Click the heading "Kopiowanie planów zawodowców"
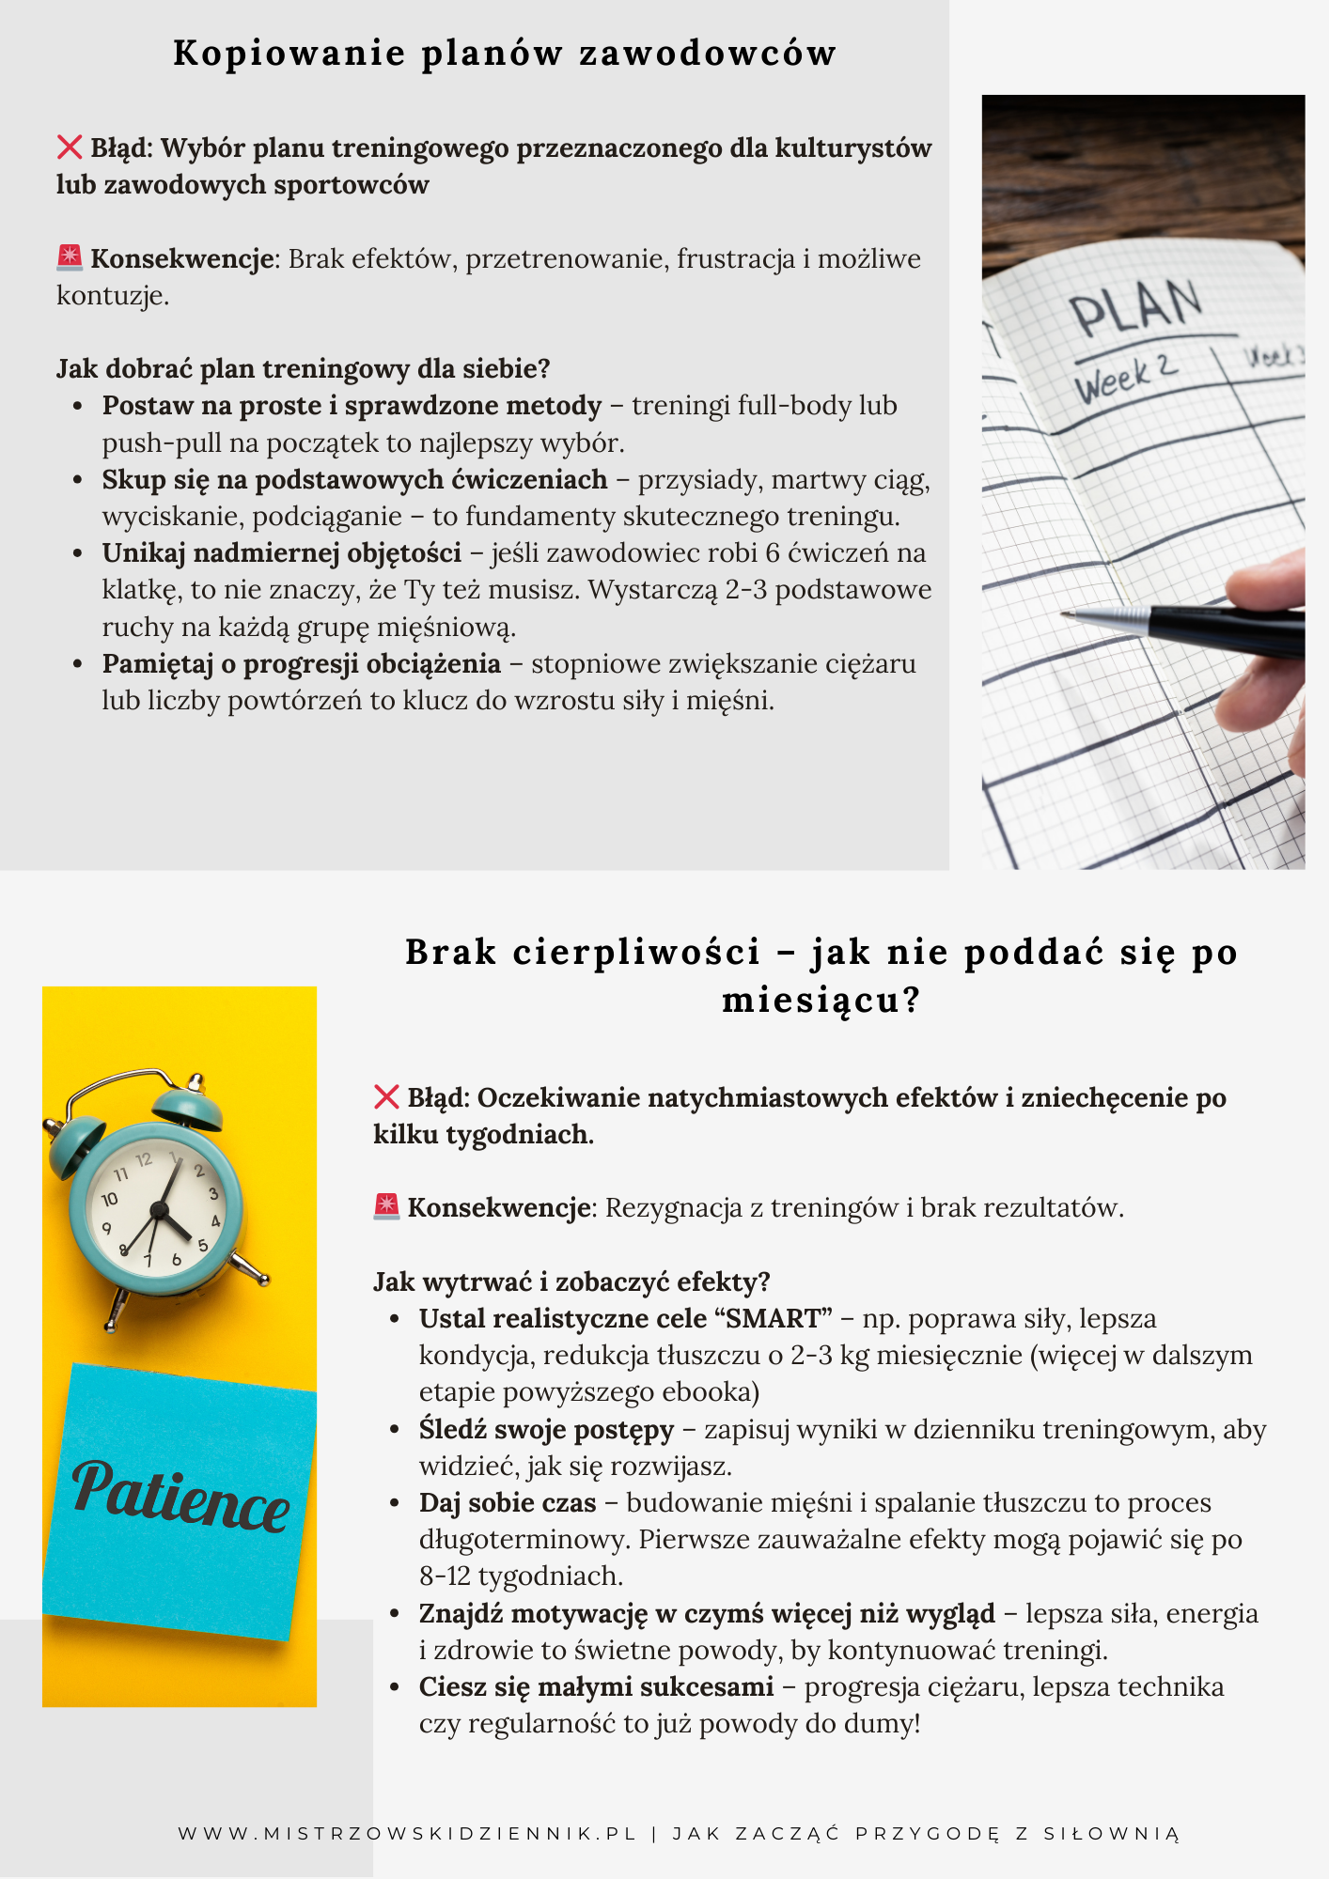click(505, 54)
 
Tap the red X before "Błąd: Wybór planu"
click(70, 148)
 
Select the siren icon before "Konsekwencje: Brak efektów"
click(70, 257)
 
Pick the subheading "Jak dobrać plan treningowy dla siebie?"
click(303, 368)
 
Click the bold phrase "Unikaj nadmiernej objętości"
click(281, 552)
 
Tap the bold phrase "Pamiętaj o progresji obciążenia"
click(301, 663)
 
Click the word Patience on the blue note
click(180, 1495)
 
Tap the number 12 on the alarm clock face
click(144, 1160)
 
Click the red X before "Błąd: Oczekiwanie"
click(386, 1096)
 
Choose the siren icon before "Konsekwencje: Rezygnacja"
click(386, 1206)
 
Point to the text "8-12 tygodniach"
click(521, 1576)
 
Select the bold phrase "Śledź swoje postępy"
click(546, 1429)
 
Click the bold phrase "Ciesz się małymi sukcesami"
click(596, 1686)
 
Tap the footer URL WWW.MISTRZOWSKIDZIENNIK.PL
click(407, 1833)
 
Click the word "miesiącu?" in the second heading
click(821, 1000)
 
